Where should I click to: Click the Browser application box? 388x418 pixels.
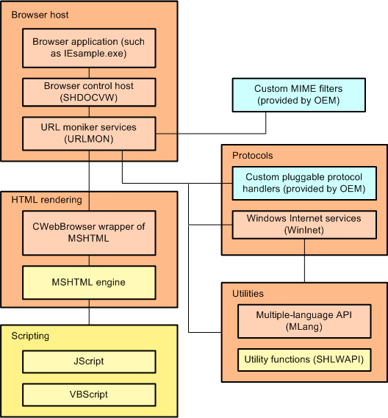click(x=89, y=48)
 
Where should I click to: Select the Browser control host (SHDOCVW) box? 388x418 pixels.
click(x=89, y=92)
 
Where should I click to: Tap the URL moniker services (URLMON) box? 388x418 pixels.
click(x=89, y=133)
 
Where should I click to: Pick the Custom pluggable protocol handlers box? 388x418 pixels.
click(x=304, y=183)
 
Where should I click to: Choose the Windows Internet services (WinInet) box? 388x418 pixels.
click(x=304, y=224)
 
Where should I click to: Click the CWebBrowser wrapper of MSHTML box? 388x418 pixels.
click(x=89, y=233)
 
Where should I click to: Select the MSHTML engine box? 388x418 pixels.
click(x=89, y=282)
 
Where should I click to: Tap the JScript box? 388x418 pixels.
click(x=89, y=361)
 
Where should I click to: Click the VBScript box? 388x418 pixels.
click(x=89, y=394)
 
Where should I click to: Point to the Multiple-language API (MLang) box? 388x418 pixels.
click(x=304, y=320)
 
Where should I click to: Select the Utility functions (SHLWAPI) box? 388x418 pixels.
click(x=304, y=360)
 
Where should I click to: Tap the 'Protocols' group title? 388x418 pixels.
click(x=252, y=156)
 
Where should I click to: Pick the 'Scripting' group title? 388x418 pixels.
click(x=30, y=336)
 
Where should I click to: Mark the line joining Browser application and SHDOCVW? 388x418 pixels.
click(x=89, y=73)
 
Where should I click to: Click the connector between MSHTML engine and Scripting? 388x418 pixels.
click(x=89, y=315)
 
